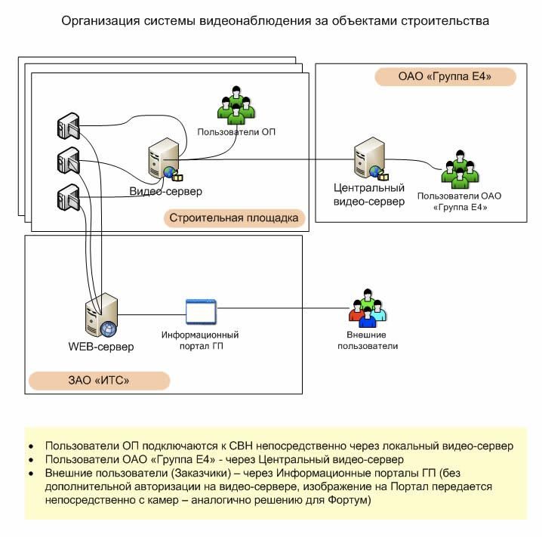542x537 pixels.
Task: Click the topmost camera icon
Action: [69, 126]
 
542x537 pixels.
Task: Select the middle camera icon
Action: [69, 160]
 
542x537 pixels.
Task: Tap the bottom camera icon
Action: [69, 197]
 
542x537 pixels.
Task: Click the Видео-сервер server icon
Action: [165, 159]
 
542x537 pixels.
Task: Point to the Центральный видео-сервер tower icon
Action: [371, 159]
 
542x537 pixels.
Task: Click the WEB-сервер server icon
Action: [102, 315]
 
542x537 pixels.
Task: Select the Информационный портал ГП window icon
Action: [201, 311]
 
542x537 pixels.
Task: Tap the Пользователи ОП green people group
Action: [236, 105]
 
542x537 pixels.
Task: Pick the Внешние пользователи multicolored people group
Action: [368, 308]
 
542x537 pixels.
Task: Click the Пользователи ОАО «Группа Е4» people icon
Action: [460, 169]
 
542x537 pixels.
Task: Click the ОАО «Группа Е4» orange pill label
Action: [445, 76]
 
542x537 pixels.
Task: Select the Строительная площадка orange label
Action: [234, 218]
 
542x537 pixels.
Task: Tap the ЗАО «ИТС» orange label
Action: [99, 381]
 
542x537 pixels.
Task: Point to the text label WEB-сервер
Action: [101, 347]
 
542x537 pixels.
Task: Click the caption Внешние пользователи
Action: [368, 340]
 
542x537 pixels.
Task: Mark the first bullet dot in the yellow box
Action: [32, 446]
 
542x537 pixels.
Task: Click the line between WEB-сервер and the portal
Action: [152, 315]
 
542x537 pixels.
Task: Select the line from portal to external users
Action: [283, 307]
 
